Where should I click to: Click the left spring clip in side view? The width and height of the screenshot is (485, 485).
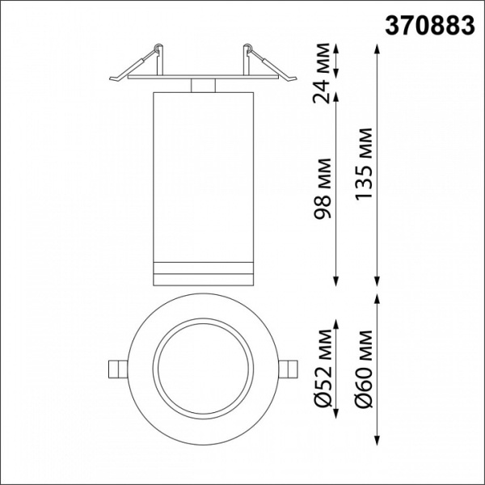tap(137, 66)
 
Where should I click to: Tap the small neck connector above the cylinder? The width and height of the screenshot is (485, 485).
tap(202, 84)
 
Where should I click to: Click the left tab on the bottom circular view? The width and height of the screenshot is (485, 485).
tap(117, 367)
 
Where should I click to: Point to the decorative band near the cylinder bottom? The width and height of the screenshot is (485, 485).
tap(202, 269)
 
